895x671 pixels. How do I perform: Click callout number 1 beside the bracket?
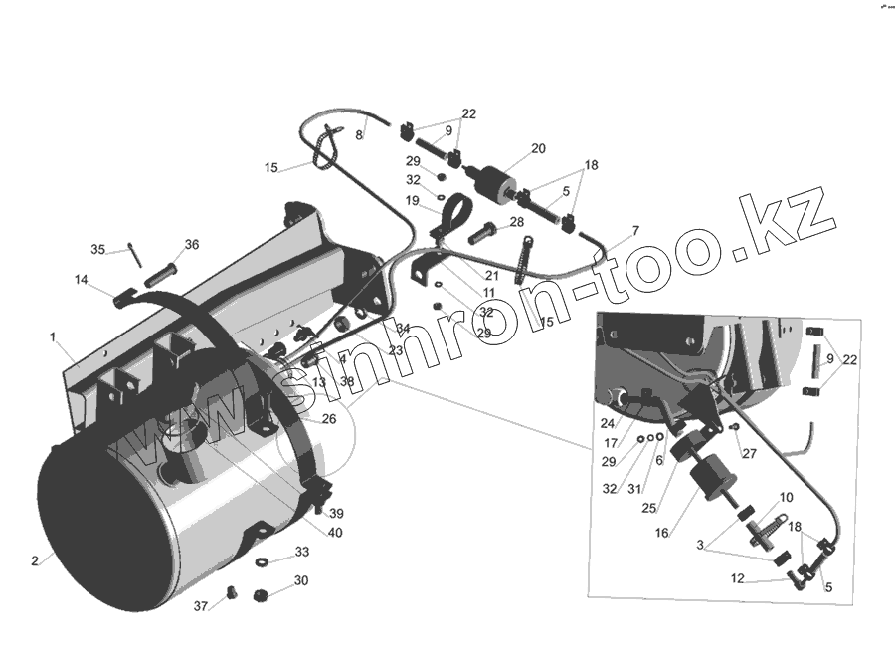point(53,337)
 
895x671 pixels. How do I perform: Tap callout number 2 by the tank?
point(35,560)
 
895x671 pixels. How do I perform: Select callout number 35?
point(97,249)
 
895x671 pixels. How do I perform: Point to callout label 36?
point(192,245)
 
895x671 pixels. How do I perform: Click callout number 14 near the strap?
point(81,282)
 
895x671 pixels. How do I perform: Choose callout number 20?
point(538,148)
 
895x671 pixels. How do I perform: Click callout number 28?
point(516,222)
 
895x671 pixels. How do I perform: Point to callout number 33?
point(301,552)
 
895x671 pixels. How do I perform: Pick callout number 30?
point(300,580)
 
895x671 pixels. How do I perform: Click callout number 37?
point(201,606)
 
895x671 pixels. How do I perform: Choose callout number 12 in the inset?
point(737,578)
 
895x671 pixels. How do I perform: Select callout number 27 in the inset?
point(749,453)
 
